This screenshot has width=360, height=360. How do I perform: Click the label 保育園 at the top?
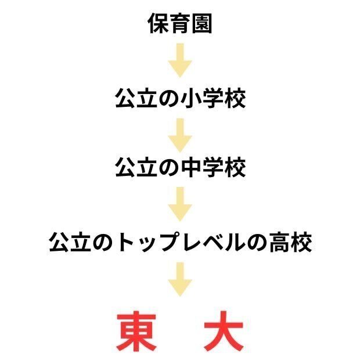[x=180, y=24]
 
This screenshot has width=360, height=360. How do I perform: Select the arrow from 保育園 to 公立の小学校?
[x=180, y=60]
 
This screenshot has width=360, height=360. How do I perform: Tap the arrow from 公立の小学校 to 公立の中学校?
[x=180, y=132]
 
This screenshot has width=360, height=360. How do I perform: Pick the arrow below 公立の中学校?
[x=180, y=204]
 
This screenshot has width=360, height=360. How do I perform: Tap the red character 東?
[x=138, y=332]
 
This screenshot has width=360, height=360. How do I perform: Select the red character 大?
[x=222, y=332]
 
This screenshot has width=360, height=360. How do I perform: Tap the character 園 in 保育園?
[x=201, y=24]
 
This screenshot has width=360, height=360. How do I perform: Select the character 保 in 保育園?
[x=159, y=24]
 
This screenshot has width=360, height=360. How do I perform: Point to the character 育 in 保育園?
[x=180, y=24]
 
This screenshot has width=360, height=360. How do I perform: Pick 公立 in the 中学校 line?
[x=136, y=168]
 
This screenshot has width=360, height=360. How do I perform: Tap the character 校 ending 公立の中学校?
[x=235, y=168]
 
